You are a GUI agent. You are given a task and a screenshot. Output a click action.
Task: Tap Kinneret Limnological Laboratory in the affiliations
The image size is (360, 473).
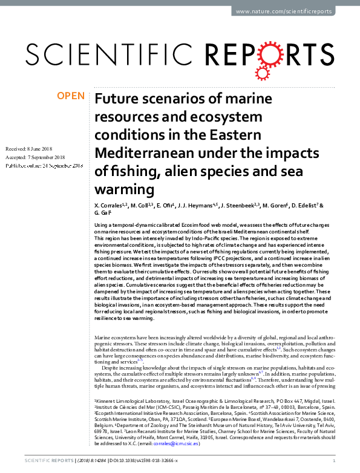[x=129, y=401]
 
